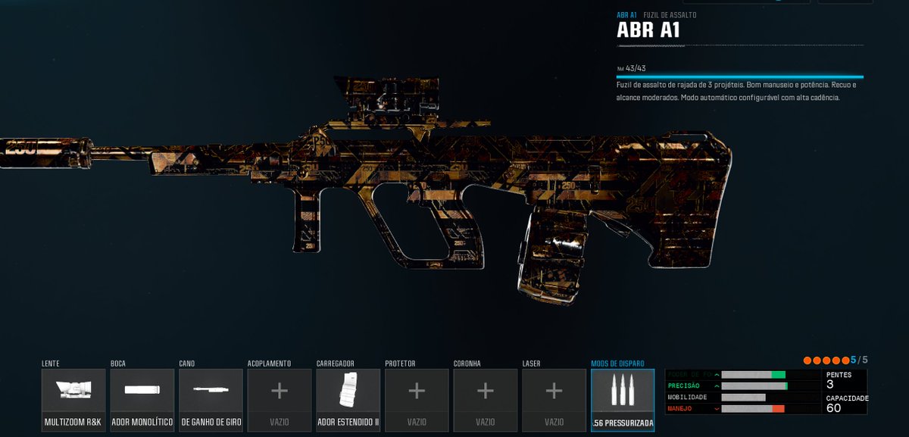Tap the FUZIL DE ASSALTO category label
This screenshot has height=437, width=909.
670,14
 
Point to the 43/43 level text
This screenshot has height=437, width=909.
636,68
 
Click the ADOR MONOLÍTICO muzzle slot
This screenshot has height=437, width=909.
142,399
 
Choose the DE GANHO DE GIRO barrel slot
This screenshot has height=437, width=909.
211,399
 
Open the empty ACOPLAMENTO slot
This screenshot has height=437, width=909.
280,392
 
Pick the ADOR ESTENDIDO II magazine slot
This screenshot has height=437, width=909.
348,399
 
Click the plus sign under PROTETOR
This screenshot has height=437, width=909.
417,392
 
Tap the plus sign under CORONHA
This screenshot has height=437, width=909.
486,392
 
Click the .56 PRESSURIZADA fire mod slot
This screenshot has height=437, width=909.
623,399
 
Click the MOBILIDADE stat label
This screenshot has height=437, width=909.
688,398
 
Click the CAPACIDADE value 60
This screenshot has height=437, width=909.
834,409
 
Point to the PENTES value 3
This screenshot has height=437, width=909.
830,385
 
